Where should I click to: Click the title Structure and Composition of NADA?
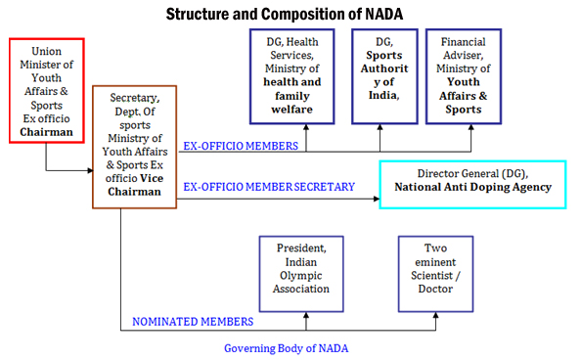290,14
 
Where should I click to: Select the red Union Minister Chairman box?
46,90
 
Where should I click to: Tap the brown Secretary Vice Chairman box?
134,146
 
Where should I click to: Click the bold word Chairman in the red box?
46,131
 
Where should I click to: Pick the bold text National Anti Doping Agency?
471,187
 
